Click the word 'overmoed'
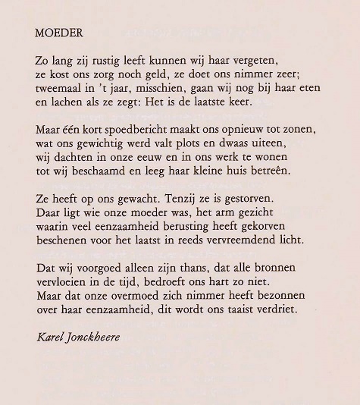coord(138,297)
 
